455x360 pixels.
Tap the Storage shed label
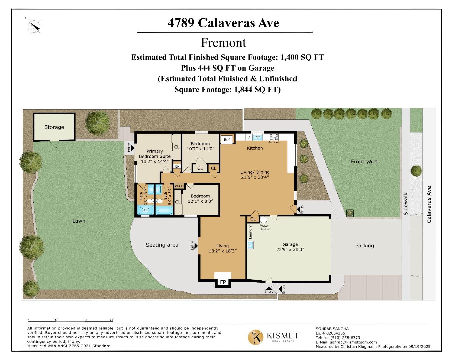coord(54,127)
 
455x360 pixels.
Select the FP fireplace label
coord(223,282)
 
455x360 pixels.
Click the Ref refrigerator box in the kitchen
coord(227,140)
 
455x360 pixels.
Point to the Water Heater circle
coord(264,220)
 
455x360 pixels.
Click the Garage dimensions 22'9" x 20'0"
coord(290,249)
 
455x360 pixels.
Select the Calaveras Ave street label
coord(429,204)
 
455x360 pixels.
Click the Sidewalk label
coord(406,203)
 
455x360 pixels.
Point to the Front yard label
coord(364,161)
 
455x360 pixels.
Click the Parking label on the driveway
coord(364,245)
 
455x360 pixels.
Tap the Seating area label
coord(162,245)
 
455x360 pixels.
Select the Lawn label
coord(79,221)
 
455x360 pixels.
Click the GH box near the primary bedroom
coord(177,166)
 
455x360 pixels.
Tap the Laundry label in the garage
coord(250,232)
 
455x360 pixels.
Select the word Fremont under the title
coord(223,43)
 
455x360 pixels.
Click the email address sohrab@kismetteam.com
coord(353,342)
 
